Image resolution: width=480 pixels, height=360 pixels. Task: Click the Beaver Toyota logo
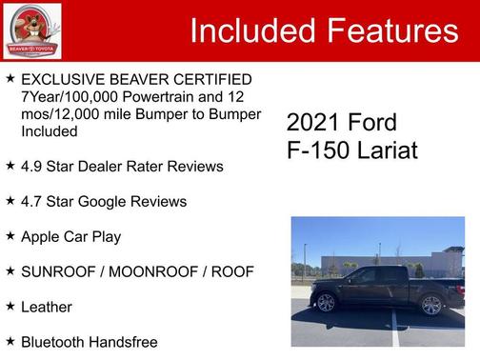(x=31, y=30)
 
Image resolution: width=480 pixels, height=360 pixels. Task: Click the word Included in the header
(x=251, y=31)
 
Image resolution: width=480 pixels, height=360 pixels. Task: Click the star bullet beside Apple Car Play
(x=10, y=235)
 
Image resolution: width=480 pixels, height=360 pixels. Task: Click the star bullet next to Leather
(x=10, y=306)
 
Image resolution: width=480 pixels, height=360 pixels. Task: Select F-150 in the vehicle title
(x=315, y=150)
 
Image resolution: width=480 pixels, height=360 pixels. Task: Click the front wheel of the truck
(x=326, y=303)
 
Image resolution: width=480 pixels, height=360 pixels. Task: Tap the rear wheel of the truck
(x=431, y=305)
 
